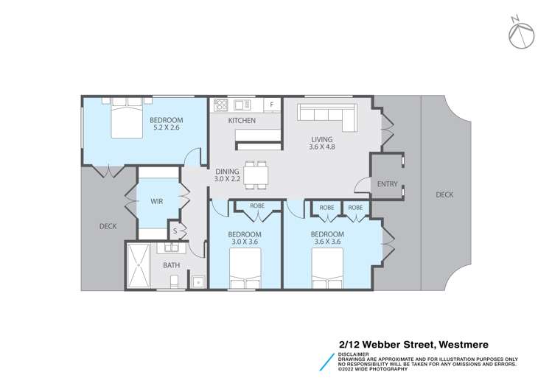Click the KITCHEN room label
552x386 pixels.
[x=241, y=120]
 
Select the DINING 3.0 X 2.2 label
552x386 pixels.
[x=227, y=175]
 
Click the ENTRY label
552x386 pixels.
[x=386, y=183]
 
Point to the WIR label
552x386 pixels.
[x=157, y=201]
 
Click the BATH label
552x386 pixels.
[x=171, y=265]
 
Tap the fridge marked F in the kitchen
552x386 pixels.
[x=272, y=105]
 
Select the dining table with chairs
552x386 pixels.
[x=256, y=175]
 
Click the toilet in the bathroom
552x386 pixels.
[x=175, y=281]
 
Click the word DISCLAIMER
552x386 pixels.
[x=354, y=354]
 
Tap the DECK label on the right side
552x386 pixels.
[x=444, y=194]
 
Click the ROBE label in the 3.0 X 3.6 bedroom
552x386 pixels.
[x=257, y=206]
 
